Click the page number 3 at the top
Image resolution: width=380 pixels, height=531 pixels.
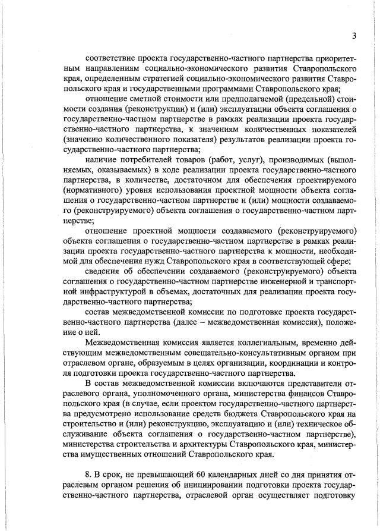coord(353,36)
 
